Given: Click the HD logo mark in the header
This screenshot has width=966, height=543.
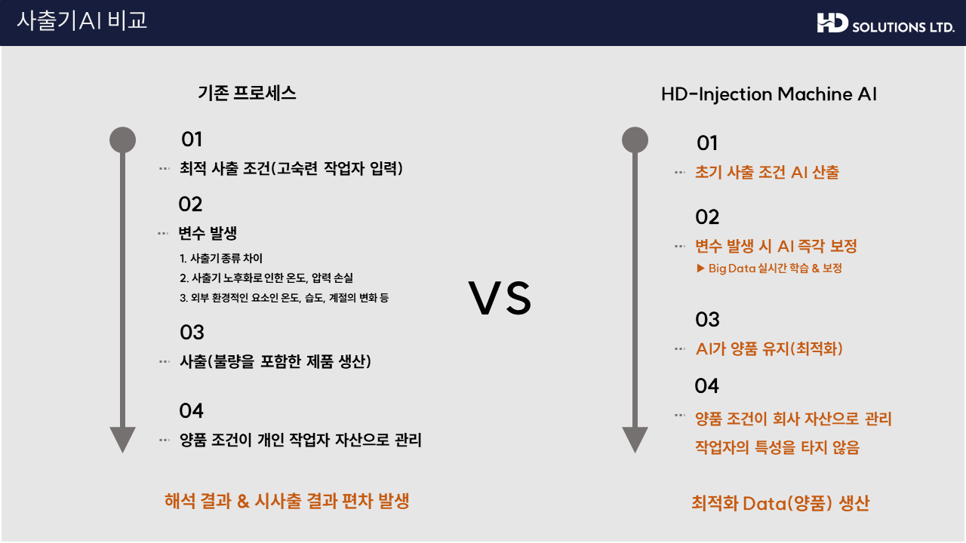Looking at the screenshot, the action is [832, 23].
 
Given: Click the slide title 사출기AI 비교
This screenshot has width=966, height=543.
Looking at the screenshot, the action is [82, 20].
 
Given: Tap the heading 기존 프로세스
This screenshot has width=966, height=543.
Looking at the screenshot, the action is [247, 93].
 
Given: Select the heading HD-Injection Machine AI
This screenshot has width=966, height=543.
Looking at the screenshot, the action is [769, 94].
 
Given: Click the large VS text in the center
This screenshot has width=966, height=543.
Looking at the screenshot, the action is [500, 298].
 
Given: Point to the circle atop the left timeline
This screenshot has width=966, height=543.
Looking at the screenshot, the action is [122, 140].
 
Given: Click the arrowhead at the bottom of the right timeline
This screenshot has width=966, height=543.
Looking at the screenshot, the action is [635, 440].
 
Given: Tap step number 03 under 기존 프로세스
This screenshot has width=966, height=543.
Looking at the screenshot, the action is [192, 333].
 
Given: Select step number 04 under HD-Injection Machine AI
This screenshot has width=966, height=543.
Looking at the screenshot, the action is [707, 385].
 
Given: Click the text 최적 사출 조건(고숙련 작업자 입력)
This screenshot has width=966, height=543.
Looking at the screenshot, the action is [291, 168].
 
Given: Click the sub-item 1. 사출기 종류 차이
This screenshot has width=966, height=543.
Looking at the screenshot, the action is [221, 258].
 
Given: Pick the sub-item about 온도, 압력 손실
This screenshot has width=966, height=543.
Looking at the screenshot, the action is [266, 278].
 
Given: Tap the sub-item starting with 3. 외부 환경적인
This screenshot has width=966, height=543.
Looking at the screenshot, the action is [285, 298].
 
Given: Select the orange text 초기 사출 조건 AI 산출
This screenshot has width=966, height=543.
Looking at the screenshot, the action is [768, 173].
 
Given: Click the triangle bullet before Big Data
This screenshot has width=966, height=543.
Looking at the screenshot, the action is [700, 268].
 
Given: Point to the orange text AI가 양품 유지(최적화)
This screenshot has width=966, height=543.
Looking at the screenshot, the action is [769, 348].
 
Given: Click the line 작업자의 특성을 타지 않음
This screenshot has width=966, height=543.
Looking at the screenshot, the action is [777, 447].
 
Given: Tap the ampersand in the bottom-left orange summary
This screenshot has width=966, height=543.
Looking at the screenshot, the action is [243, 502].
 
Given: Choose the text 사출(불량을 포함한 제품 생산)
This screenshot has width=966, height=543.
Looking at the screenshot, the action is [275, 361].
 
